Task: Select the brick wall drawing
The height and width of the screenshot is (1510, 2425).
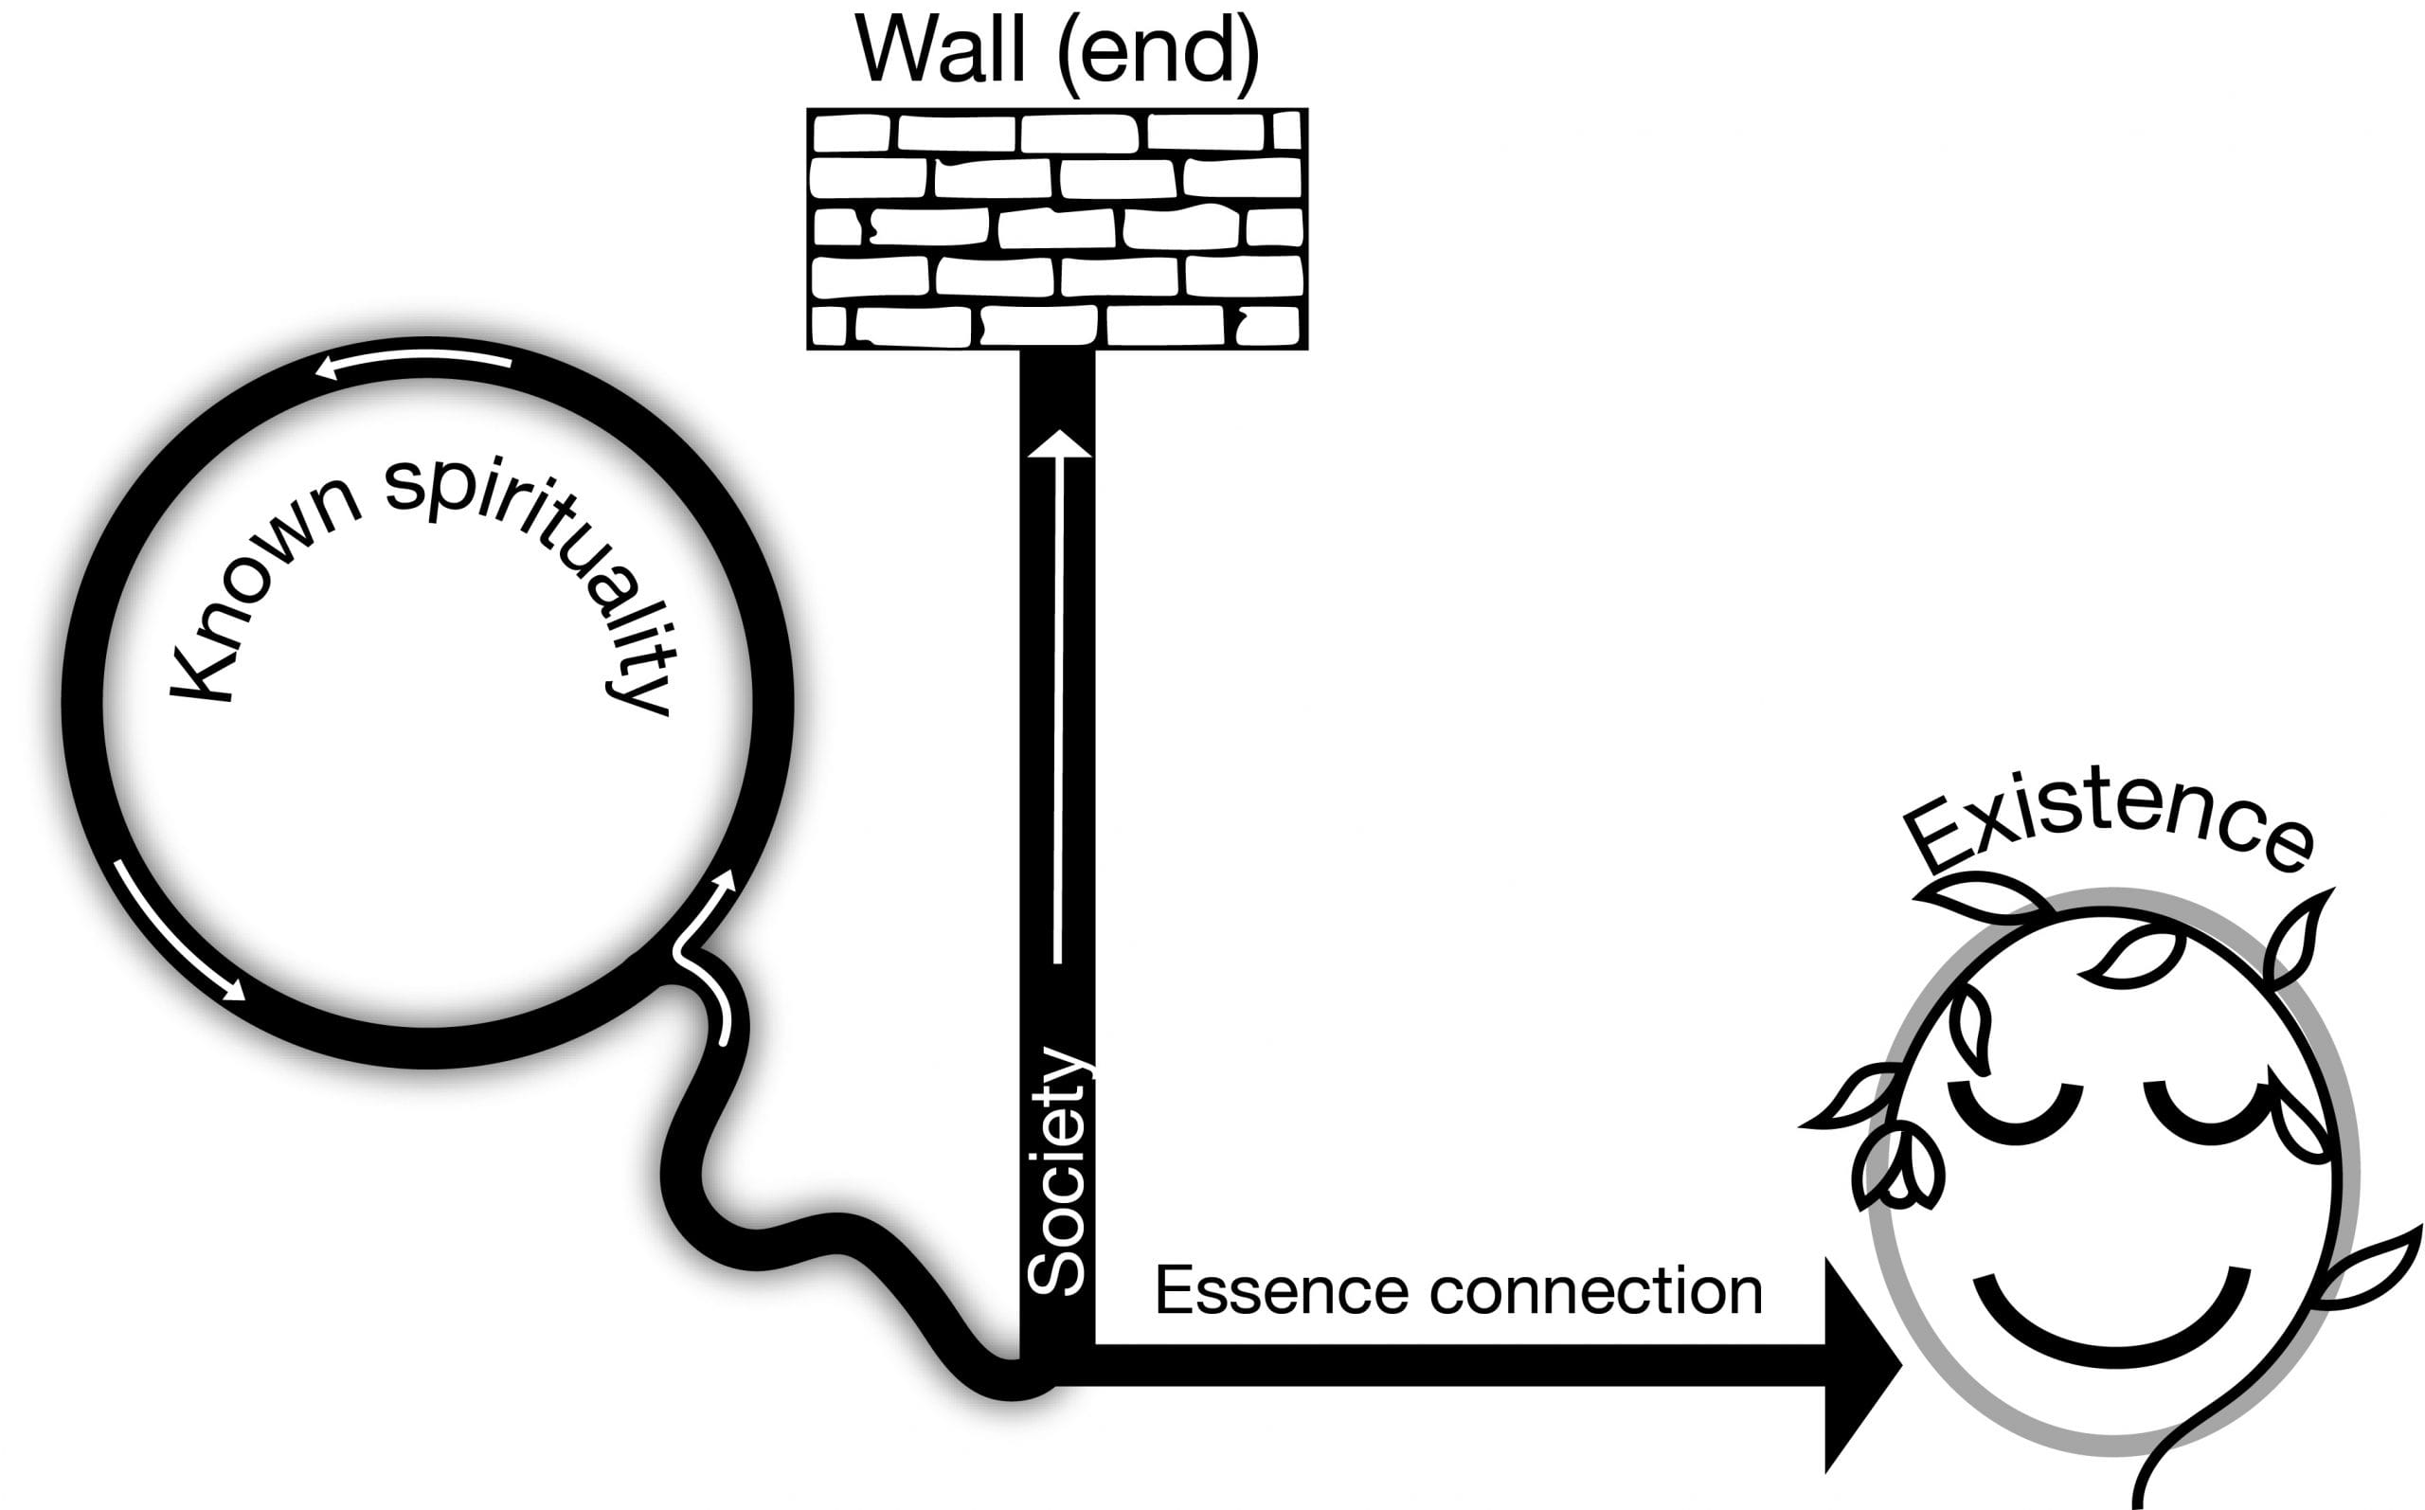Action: click(x=1057, y=228)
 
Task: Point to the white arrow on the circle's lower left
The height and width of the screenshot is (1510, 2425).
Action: click(x=180, y=929)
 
